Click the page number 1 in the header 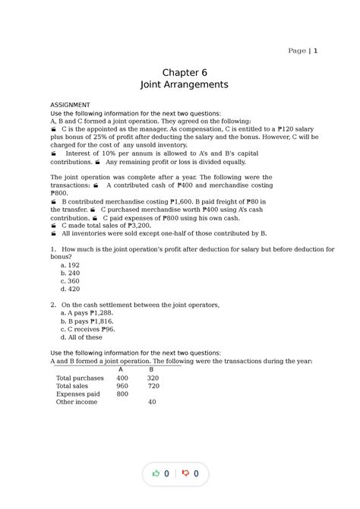[x=315, y=51]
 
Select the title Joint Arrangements [x=179, y=85]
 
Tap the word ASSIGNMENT [x=70, y=105]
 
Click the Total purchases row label [x=80, y=378]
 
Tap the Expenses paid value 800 [x=122, y=394]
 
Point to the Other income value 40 [x=152, y=402]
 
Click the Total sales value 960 [x=122, y=386]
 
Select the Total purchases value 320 [x=153, y=378]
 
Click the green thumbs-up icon [x=156, y=473]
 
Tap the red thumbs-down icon [x=186, y=473]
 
